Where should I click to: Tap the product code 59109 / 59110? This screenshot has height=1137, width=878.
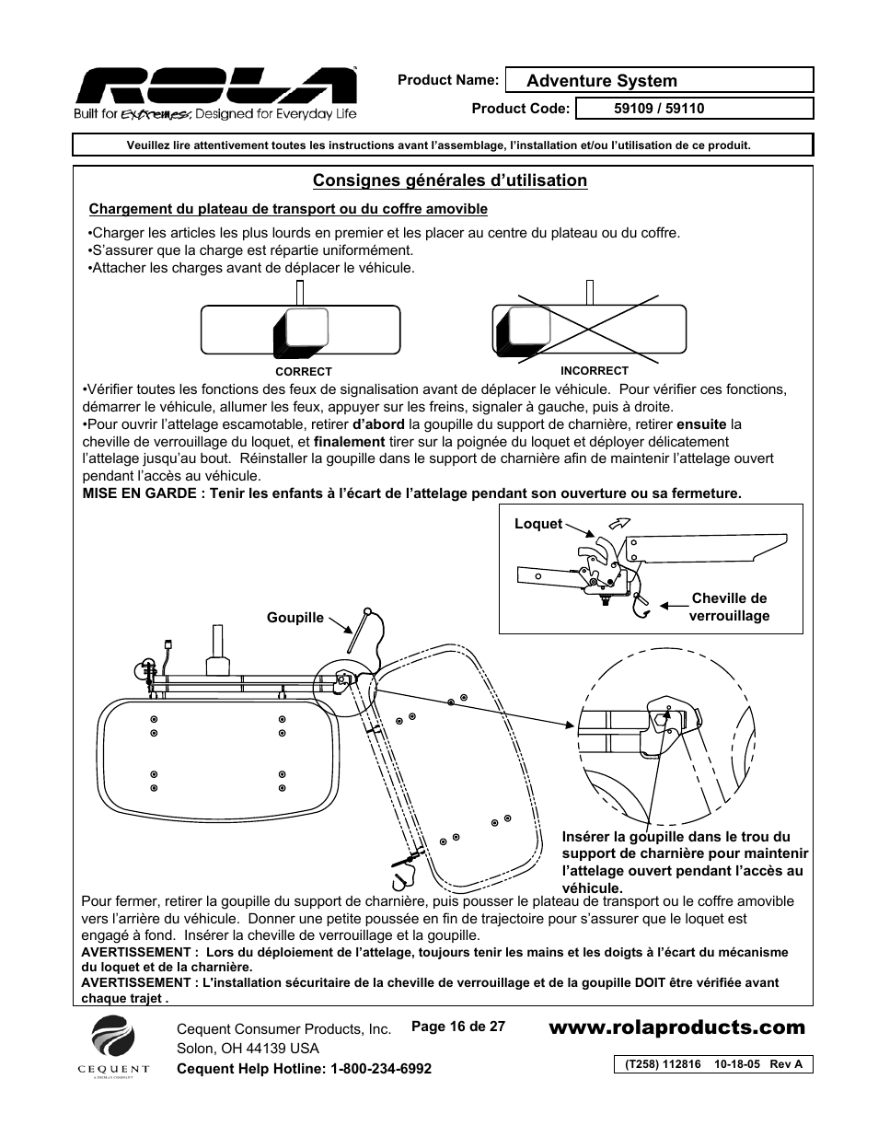[x=659, y=109]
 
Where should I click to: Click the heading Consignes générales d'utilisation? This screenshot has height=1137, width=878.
[x=449, y=180]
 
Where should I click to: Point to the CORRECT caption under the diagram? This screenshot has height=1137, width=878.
[x=304, y=372]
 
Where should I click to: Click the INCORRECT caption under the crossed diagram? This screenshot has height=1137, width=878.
[x=595, y=371]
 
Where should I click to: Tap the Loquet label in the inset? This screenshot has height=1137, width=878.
[x=538, y=524]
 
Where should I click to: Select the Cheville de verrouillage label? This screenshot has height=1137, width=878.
[x=729, y=608]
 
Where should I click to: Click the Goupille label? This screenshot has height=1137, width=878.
[x=295, y=618]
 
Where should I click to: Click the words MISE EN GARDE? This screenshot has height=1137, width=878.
[x=138, y=493]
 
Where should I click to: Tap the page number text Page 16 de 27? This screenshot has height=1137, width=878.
[x=457, y=1027]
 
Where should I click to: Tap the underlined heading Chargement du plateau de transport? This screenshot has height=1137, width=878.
[x=287, y=209]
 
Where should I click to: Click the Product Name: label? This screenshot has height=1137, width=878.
[x=447, y=80]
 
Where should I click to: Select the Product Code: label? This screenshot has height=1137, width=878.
[x=521, y=109]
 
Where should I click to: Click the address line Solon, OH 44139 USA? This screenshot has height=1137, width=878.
[x=248, y=1049]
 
